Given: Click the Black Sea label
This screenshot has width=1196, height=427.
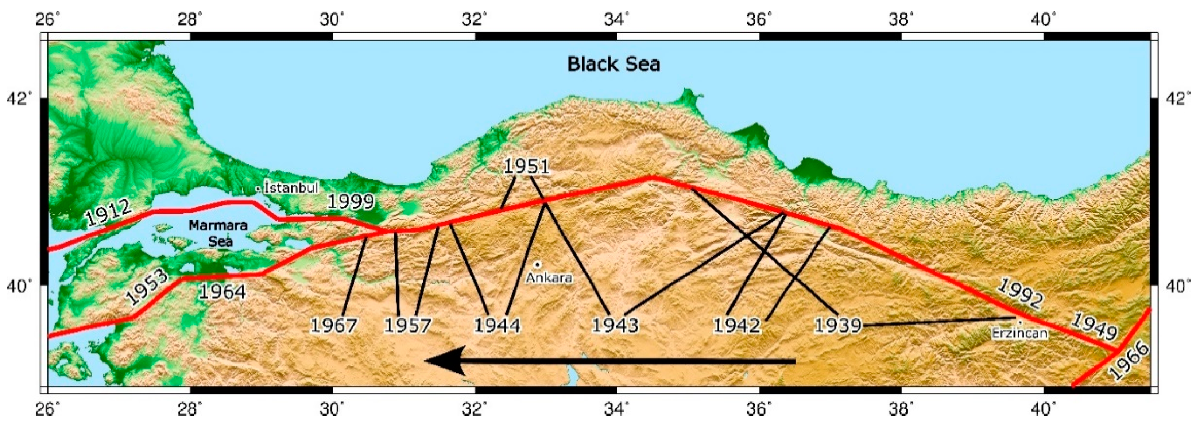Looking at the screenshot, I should [x=614, y=65].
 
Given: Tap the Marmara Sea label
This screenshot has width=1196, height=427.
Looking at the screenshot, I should [x=218, y=233].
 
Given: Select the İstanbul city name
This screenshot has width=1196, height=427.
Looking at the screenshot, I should [x=291, y=187].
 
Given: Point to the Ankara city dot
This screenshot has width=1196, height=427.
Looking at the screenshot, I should [x=537, y=264].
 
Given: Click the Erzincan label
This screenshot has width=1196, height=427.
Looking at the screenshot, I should [x=1019, y=333].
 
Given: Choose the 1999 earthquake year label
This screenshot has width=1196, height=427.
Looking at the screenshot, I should [x=351, y=202].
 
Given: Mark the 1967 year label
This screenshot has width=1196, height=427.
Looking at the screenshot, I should [x=334, y=325].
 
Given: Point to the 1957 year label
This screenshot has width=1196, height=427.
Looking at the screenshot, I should [x=408, y=325].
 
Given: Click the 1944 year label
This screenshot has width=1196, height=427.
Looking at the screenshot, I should [x=497, y=325].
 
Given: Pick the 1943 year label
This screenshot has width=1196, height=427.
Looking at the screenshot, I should [x=615, y=325].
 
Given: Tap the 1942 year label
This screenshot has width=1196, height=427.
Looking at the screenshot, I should [x=737, y=325].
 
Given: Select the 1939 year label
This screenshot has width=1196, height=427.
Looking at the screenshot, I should [x=838, y=325].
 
